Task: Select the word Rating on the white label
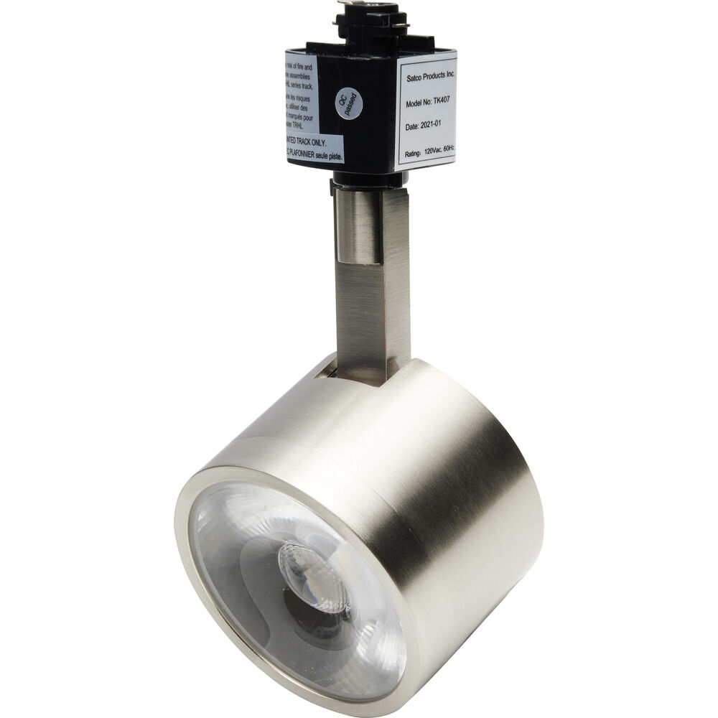pos(414,153)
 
